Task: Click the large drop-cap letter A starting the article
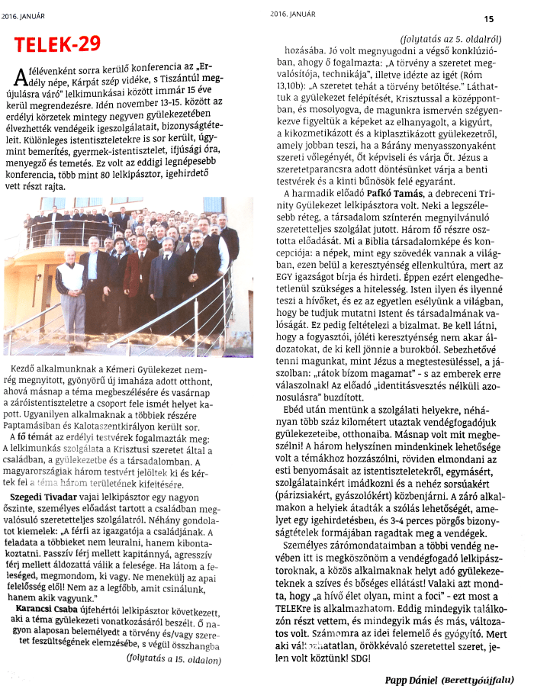click(x=21, y=76)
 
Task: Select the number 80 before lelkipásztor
click(x=115, y=175)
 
